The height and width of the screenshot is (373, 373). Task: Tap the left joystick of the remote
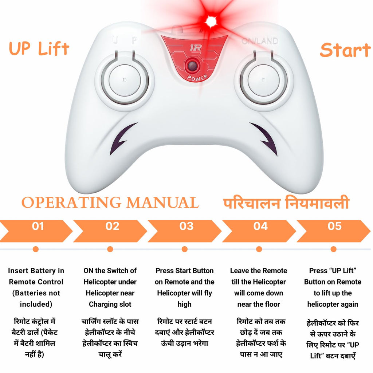pos(125,80)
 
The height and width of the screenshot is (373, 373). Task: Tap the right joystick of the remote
pos(264,80)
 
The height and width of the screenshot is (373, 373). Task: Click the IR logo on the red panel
pos(196,48)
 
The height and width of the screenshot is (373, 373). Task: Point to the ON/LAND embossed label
pos(259,42)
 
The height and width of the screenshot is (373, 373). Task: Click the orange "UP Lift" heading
pos(39,49)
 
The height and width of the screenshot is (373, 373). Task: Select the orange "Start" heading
pos(345,50)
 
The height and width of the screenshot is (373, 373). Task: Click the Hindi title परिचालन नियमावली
pos(286,203)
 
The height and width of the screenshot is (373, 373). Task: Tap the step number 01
pos(38,226)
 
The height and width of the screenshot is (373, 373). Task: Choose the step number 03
pos(186,226)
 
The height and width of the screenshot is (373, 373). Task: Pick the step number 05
pos(334,226)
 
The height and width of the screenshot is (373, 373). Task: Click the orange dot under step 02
pos(110,249)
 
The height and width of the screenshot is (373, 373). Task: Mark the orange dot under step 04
pos(259,249)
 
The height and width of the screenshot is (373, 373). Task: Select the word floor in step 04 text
pos(272,304)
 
